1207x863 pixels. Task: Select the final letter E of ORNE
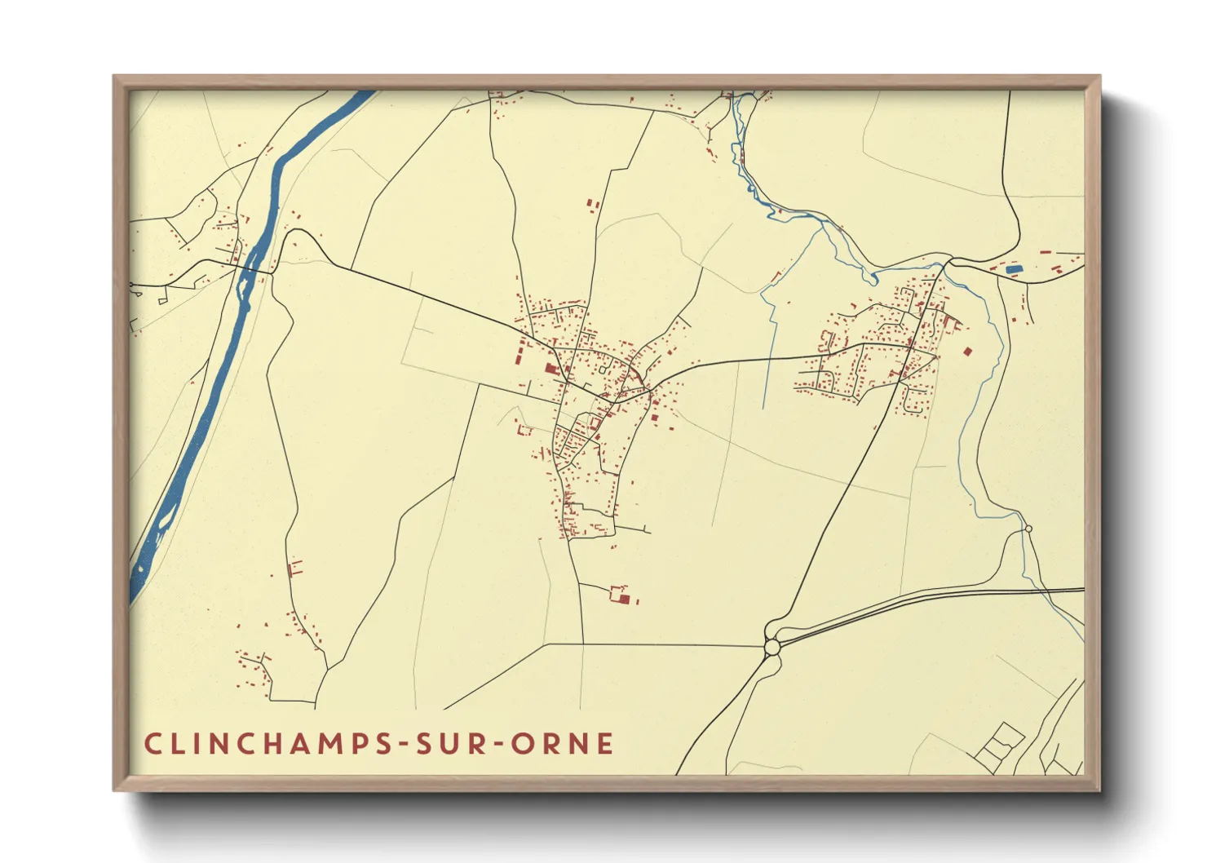606,744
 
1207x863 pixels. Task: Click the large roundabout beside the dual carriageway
772,648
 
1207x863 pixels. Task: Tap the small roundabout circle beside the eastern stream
1028,529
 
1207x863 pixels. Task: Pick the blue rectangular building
1014,269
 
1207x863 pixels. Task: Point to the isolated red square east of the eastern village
968,352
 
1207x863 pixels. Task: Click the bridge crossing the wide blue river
252,266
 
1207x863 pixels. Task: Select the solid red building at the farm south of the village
626,600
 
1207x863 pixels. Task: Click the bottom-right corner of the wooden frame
1099,790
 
